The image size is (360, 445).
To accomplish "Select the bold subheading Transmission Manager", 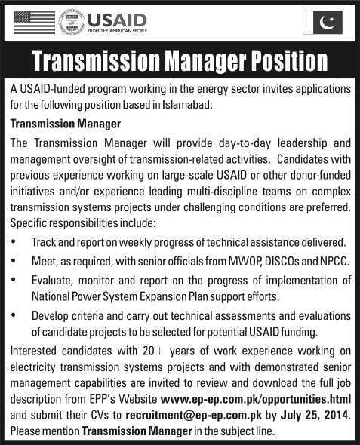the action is [x=61, y=121].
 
